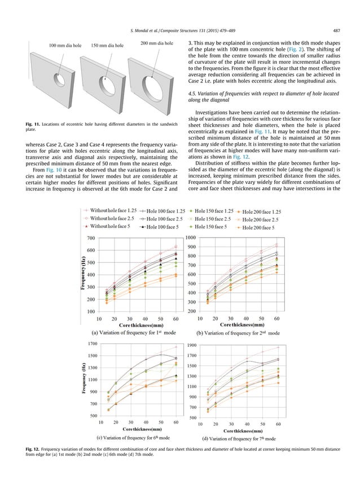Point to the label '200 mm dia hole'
click(x=156, y=43)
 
